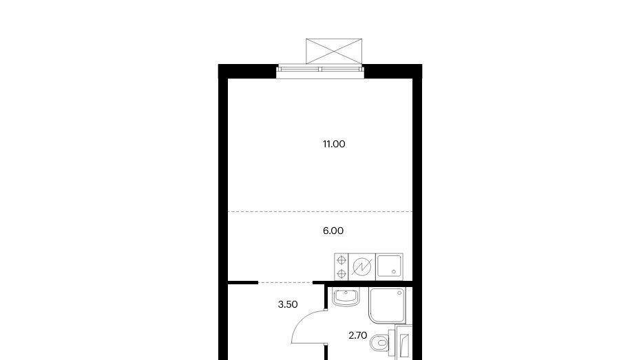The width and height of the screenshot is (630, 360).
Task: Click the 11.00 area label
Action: click(334, 144)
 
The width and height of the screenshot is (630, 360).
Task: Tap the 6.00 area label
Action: click(333, 231)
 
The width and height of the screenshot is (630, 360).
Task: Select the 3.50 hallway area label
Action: click(288, 304)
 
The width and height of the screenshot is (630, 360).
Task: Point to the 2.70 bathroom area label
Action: click(357, 335)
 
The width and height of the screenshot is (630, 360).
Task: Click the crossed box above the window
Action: click(334, 51)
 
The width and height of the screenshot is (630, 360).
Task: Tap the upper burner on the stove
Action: click(342, 260)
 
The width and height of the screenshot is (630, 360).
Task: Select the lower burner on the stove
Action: click(342, 274)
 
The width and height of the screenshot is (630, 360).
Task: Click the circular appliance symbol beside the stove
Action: click(362, 267)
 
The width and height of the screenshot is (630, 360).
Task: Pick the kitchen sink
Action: click(389, 267)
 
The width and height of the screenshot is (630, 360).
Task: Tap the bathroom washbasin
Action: click(346, 298)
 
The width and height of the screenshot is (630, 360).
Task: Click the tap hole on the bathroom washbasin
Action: click(346, 292)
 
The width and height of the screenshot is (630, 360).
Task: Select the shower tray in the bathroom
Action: click(388, 306)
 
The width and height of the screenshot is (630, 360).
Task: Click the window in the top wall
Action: click(320, 71)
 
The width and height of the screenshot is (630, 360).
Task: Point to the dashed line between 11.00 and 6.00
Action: click(320, 212)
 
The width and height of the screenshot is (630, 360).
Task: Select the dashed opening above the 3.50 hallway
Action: click(285, 283)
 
